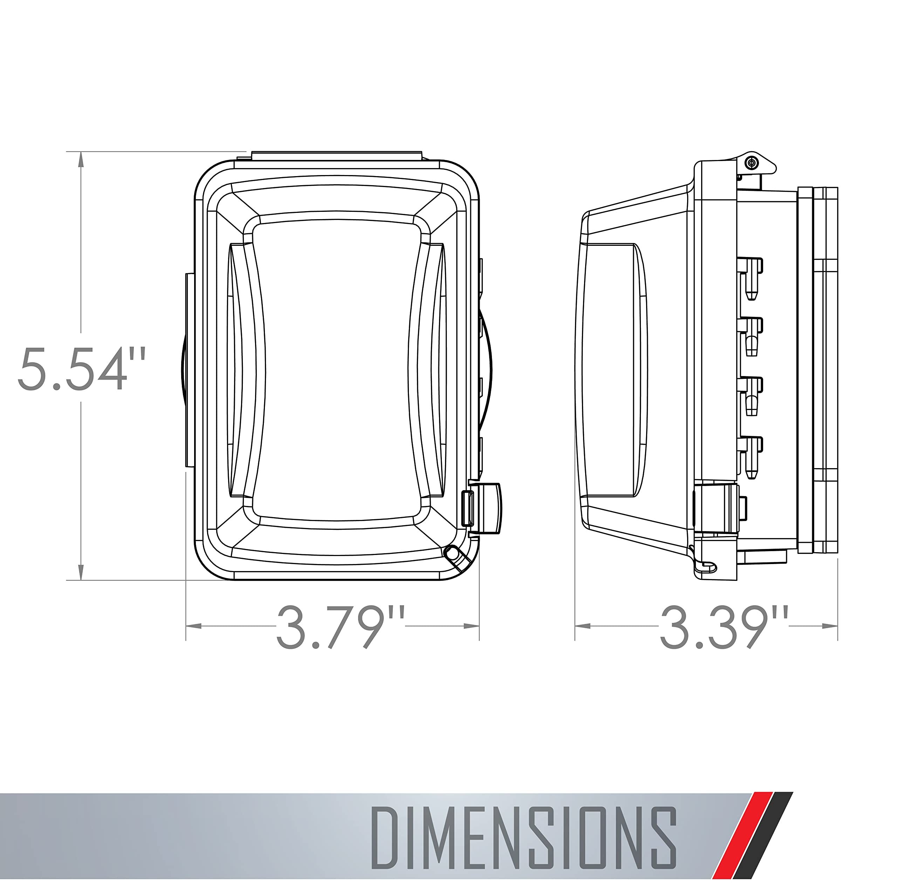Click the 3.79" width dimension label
341,626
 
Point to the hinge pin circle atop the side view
751,162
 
